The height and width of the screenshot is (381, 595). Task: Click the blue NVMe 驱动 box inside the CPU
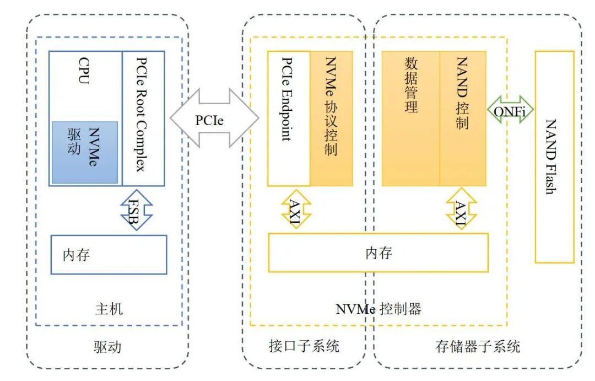click(84, 152)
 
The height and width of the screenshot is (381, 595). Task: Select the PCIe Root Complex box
click(143, 119)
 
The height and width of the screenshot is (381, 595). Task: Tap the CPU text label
click(84, 72)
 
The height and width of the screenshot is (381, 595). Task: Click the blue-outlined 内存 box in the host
click(109, 255)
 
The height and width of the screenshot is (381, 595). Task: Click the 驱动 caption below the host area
click(107, 347)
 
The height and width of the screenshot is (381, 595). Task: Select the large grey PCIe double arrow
click(214, 119)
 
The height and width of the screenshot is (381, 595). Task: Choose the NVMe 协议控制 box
click(331, 119)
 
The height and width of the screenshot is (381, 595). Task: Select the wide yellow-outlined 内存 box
click(378, 253)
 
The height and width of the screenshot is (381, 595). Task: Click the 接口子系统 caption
click(304, 347)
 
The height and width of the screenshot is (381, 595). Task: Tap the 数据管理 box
click(410, 119)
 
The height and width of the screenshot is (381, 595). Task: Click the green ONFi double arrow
click(510, 111)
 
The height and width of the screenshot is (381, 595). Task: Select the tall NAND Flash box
click(554, 157)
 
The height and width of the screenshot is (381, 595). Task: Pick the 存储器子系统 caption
click(477, 347)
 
